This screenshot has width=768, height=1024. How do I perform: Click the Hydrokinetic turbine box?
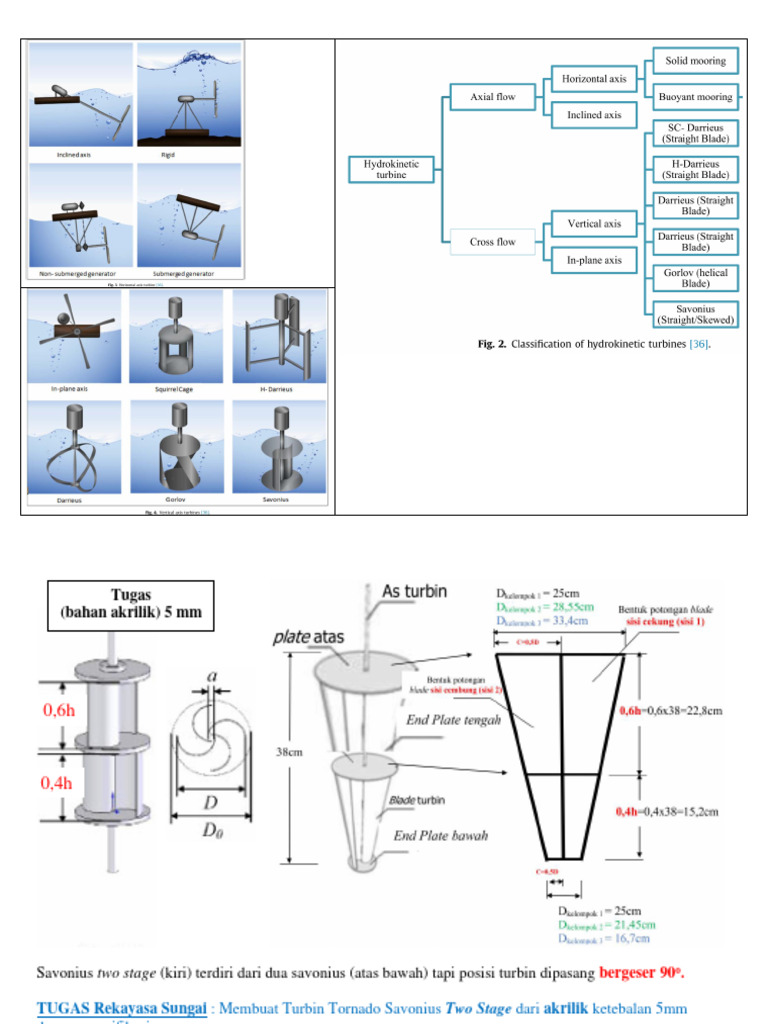tap(392, 169)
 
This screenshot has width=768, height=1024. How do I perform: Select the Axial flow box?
tap(492, 97)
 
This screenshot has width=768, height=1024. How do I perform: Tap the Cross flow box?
tap(492, 241)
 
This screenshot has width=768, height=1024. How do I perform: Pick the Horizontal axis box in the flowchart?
tap(593, 78)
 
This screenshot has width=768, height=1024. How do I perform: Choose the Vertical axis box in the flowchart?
tap(593, 223)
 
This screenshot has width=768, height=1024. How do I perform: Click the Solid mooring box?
tap(695, 60)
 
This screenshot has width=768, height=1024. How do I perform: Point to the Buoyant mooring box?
tap(695, 97)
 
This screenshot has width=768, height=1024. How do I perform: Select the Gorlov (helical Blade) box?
tap(695, 278)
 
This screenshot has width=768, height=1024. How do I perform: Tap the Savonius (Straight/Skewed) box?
tap(695, 314)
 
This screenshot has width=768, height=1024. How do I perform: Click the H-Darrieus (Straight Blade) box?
tap(695, 169)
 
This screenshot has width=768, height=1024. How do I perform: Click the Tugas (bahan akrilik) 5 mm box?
tap(140, 605)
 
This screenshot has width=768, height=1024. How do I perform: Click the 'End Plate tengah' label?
tap(454, 719)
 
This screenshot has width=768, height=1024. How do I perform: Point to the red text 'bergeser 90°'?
tap(642, 972)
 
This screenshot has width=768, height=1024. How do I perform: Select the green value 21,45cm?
tap(620, 925)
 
